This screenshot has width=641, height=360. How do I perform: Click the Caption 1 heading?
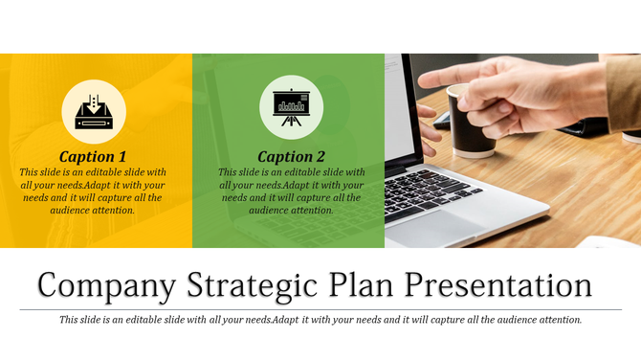pos(93,156)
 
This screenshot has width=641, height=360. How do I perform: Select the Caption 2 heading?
pos(292,156)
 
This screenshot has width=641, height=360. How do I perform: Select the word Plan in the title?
pos(364,285)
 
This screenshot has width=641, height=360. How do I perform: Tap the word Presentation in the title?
pos(497,285)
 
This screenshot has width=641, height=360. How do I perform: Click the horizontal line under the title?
pos(320,309)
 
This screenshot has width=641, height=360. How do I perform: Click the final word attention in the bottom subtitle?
pos(557,320)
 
